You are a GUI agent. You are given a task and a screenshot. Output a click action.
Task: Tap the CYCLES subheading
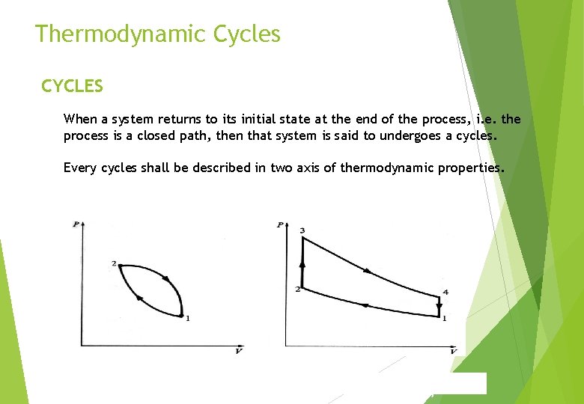[72, 86]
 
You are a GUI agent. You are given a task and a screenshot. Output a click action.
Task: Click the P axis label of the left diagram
[76, 224]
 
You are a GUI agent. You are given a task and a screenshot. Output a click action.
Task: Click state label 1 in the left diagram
[187, 318]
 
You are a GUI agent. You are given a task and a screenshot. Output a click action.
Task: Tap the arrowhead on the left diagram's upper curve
[165, 279]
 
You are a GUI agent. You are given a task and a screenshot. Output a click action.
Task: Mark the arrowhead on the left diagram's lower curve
[139, 299]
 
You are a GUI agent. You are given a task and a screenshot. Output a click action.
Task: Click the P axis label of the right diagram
[279, 224]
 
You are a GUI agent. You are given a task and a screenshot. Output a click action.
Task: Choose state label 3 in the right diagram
[302, 230]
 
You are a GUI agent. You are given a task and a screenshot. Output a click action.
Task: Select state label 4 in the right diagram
[445, 291]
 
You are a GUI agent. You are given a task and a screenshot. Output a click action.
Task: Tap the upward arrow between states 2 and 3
[302, 263]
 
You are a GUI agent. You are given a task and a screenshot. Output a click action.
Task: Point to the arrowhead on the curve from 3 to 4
[366, 270]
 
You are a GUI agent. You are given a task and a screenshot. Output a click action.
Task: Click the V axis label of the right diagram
[453, 352]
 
